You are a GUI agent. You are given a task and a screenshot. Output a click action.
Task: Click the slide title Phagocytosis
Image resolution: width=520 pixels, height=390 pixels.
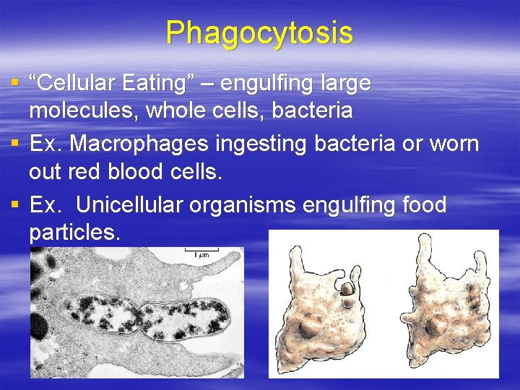(259, 32)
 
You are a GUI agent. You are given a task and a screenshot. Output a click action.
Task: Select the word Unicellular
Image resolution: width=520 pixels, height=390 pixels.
(129, 205)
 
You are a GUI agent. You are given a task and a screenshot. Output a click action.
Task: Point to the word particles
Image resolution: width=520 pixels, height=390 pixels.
(74, 233)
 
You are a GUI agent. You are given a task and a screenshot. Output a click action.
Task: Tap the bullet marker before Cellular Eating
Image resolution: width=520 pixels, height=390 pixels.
(16, 83)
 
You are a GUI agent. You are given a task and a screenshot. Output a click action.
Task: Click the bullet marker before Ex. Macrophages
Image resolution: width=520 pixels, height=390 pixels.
(16, 144)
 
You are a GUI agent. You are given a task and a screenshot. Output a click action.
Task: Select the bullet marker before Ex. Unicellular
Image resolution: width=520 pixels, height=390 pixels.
(16, 205)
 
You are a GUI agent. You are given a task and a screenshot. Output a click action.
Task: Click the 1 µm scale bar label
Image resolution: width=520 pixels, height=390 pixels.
(200, 253)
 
